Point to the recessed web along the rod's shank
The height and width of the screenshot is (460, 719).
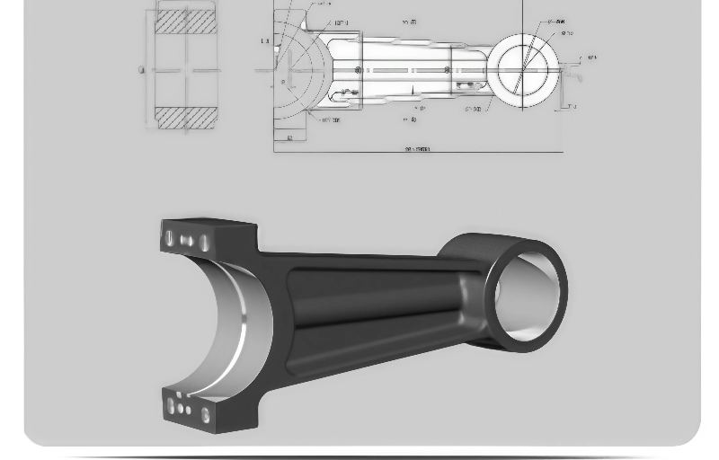(x=377, y=296)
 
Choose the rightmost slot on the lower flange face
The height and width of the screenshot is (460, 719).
(x=206, y=415)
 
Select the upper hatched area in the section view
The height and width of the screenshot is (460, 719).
(x=186, y=22)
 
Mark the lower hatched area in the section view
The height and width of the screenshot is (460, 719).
(x=186, y=118)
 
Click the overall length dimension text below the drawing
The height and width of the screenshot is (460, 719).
(x=418, y=149)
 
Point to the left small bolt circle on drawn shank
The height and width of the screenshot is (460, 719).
(x=358, y=70)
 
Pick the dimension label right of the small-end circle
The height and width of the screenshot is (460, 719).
(x=591, y=58)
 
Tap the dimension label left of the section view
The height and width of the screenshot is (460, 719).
(x=142, y=70)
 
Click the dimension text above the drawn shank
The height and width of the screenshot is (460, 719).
(x=409, y=22)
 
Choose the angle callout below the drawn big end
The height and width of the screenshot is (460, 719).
(x=330, y=119)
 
